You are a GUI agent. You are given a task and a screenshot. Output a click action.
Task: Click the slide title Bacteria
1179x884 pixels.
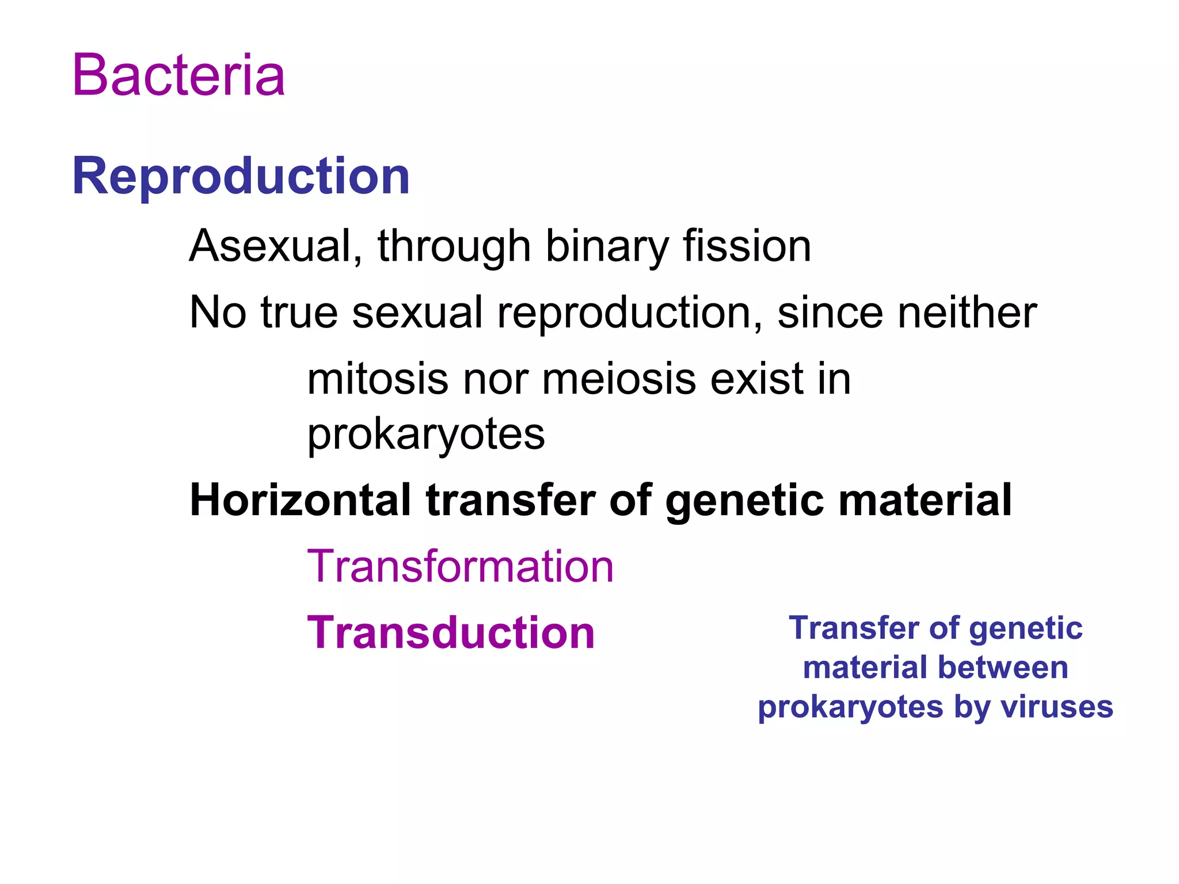pos(178,75)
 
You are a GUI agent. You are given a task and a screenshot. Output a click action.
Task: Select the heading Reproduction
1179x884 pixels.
pos(241,176)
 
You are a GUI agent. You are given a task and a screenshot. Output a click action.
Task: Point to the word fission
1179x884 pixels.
pos(747,246)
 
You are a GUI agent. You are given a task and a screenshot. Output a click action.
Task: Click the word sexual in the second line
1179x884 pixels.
pos(417,313)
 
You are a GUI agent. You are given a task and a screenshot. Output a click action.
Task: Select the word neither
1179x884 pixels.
pos(967,313)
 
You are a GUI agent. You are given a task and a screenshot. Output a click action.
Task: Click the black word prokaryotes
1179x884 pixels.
pos(426,435)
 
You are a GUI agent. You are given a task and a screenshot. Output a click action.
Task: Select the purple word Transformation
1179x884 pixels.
pos(461,566)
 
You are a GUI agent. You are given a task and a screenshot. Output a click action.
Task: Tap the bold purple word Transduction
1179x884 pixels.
pos(451,632)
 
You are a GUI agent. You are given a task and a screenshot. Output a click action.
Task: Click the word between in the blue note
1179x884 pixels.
pos(1003,668)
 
